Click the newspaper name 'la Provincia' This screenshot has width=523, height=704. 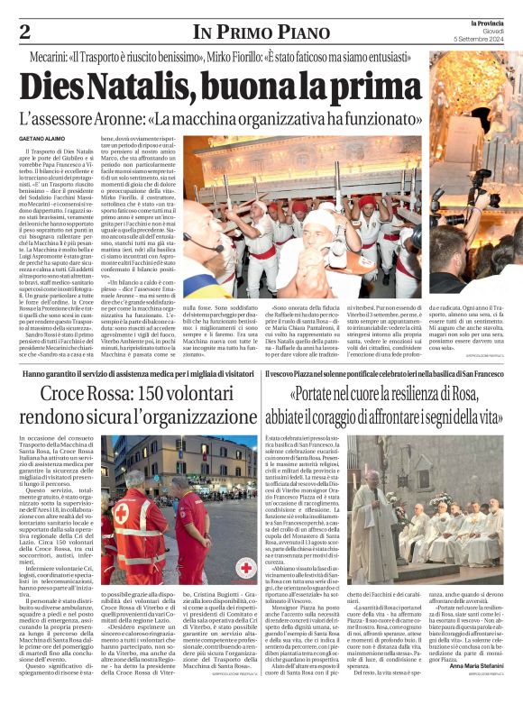(496, 21)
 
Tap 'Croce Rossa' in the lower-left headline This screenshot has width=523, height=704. (76, 396)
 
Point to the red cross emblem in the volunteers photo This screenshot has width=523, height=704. (247, 567)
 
